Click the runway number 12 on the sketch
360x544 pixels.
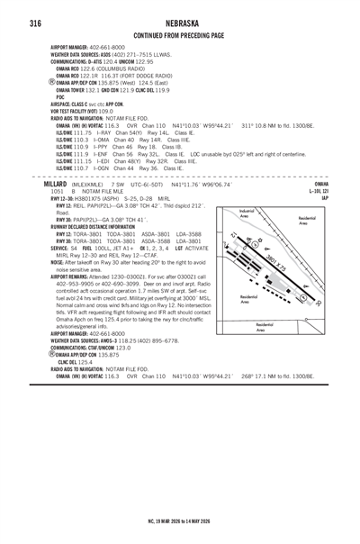(231, 239)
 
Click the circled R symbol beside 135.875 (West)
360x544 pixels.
(51, 82)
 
